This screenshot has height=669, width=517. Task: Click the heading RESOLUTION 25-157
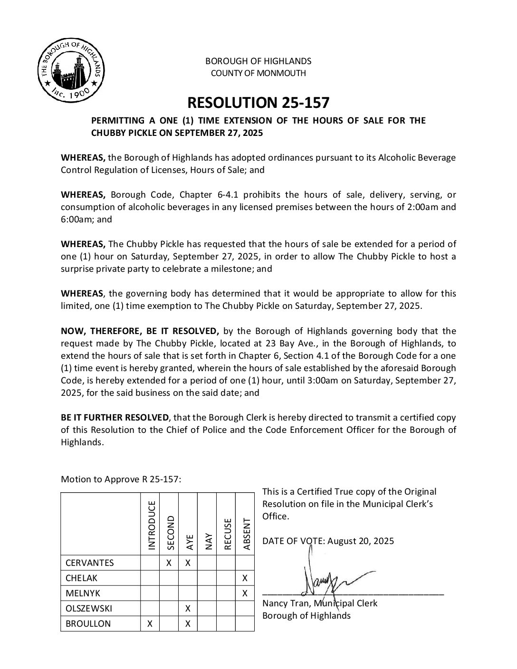[258, 103]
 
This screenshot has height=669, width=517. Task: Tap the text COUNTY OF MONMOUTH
[258, 73]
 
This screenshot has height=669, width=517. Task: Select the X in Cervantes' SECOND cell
[169, 563]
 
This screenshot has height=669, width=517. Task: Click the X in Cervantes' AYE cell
[188, 563]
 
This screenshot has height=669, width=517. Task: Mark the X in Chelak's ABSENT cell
[245, 578]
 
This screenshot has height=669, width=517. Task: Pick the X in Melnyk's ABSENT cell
[245, 593]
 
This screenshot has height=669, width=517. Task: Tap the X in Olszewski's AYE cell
[188, 609]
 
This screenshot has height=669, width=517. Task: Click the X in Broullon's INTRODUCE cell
[150, 624]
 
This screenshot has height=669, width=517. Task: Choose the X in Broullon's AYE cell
[188, 624]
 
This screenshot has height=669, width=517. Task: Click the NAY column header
[208, 542]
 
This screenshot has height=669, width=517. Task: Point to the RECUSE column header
[227, 534]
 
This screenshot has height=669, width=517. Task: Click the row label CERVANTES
[90, 563]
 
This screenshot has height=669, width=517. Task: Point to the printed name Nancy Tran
[284, 603]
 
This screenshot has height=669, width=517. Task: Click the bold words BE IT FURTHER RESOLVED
[115, 418]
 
